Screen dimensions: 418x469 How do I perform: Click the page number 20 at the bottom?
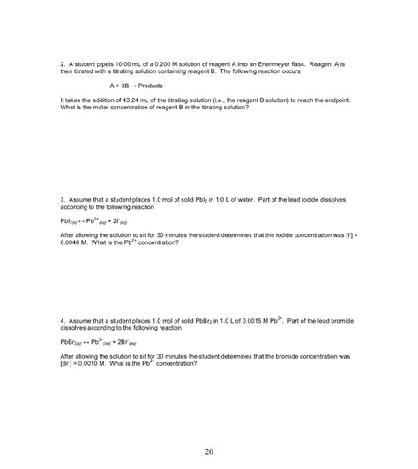(x=209, y=452)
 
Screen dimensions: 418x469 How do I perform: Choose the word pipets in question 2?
(x=100, y=65)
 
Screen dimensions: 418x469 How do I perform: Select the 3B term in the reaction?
(x=128, y=86)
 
